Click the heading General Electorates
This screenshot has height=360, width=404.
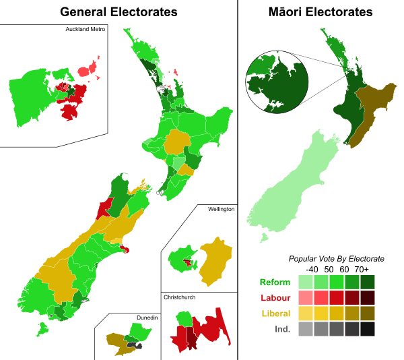(119, 12)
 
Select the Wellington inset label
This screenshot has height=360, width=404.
(220, 210)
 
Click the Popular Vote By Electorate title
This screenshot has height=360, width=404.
(336, 258)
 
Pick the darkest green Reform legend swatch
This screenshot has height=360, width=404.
(368, 282)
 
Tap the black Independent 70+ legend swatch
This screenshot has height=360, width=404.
(368, 329)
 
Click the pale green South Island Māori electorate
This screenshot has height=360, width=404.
(283, 182)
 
